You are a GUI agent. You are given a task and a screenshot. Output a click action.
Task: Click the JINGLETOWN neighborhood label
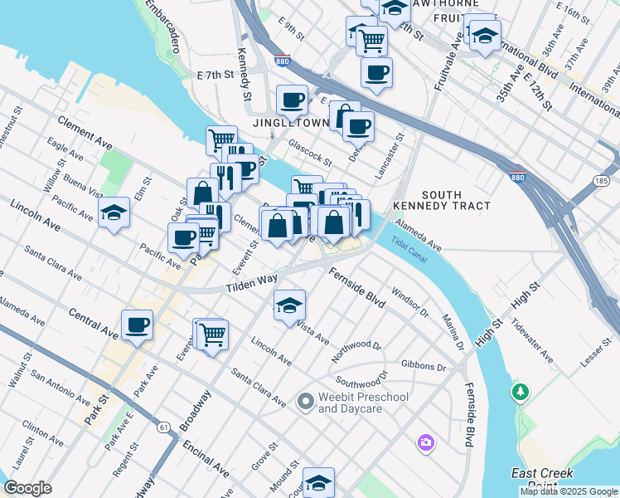[x=292, y=123]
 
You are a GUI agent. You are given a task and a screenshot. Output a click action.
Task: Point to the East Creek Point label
[x=543, y=479]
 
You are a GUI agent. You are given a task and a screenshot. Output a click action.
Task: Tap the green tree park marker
[x=521, y=390]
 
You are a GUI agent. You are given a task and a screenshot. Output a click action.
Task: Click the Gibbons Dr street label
[x=423, y=366]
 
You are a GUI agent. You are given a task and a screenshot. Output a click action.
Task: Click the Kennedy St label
[x=244, y=74]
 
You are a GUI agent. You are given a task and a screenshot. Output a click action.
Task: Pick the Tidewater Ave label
[x=531, y=341]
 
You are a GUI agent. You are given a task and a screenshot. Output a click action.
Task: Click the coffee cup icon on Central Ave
[x=137, y=324]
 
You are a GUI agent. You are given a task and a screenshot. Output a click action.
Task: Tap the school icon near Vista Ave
[x=289, y=305]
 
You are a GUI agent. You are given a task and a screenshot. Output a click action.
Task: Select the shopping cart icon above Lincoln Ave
[x=213, y=334]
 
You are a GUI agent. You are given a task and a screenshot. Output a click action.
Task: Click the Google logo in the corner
[x=29, y=488]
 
